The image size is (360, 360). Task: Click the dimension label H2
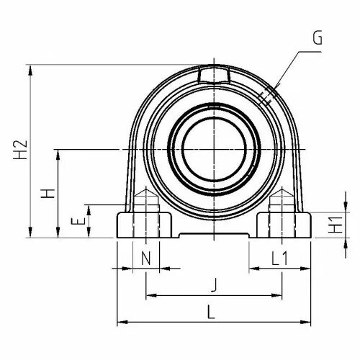point(20,150)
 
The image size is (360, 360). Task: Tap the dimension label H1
point(336,225)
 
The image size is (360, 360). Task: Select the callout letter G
point(318,38)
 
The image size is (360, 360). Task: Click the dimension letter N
point(146,258)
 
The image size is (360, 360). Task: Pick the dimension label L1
point(279,258)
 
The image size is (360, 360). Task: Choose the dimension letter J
point(214,285)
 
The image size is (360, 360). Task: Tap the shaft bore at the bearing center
point(214,150)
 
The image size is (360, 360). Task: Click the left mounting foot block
point(144,225)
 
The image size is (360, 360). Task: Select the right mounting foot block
point(284,225)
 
